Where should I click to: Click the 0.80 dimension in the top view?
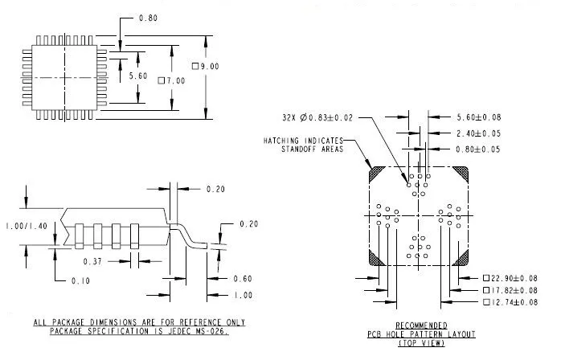149,17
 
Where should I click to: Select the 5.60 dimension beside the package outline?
138,76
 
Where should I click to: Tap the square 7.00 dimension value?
172,80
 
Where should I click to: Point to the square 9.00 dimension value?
205,66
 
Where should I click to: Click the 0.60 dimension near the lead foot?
240,279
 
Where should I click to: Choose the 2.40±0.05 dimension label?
479,133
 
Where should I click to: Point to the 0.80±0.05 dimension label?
479,149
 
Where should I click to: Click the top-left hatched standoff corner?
375,174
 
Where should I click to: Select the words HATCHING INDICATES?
301,140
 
